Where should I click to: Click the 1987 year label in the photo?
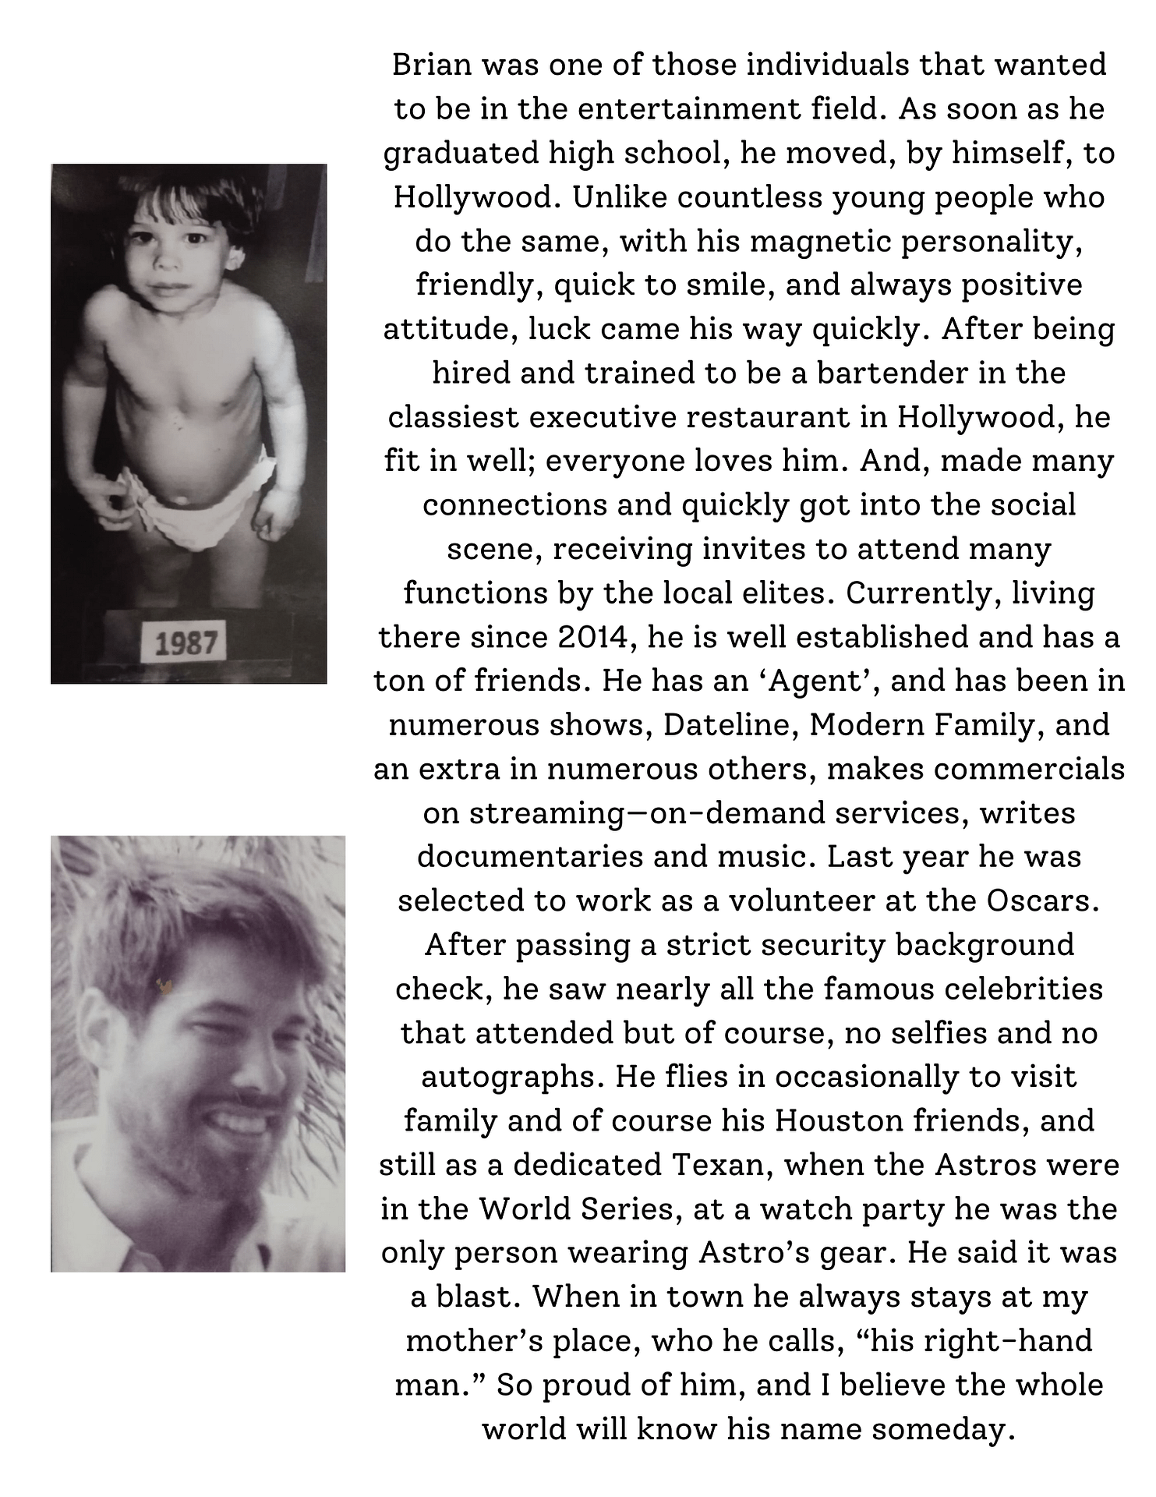click(x=186, y=643)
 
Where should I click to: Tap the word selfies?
click(x=974, y=1033)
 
